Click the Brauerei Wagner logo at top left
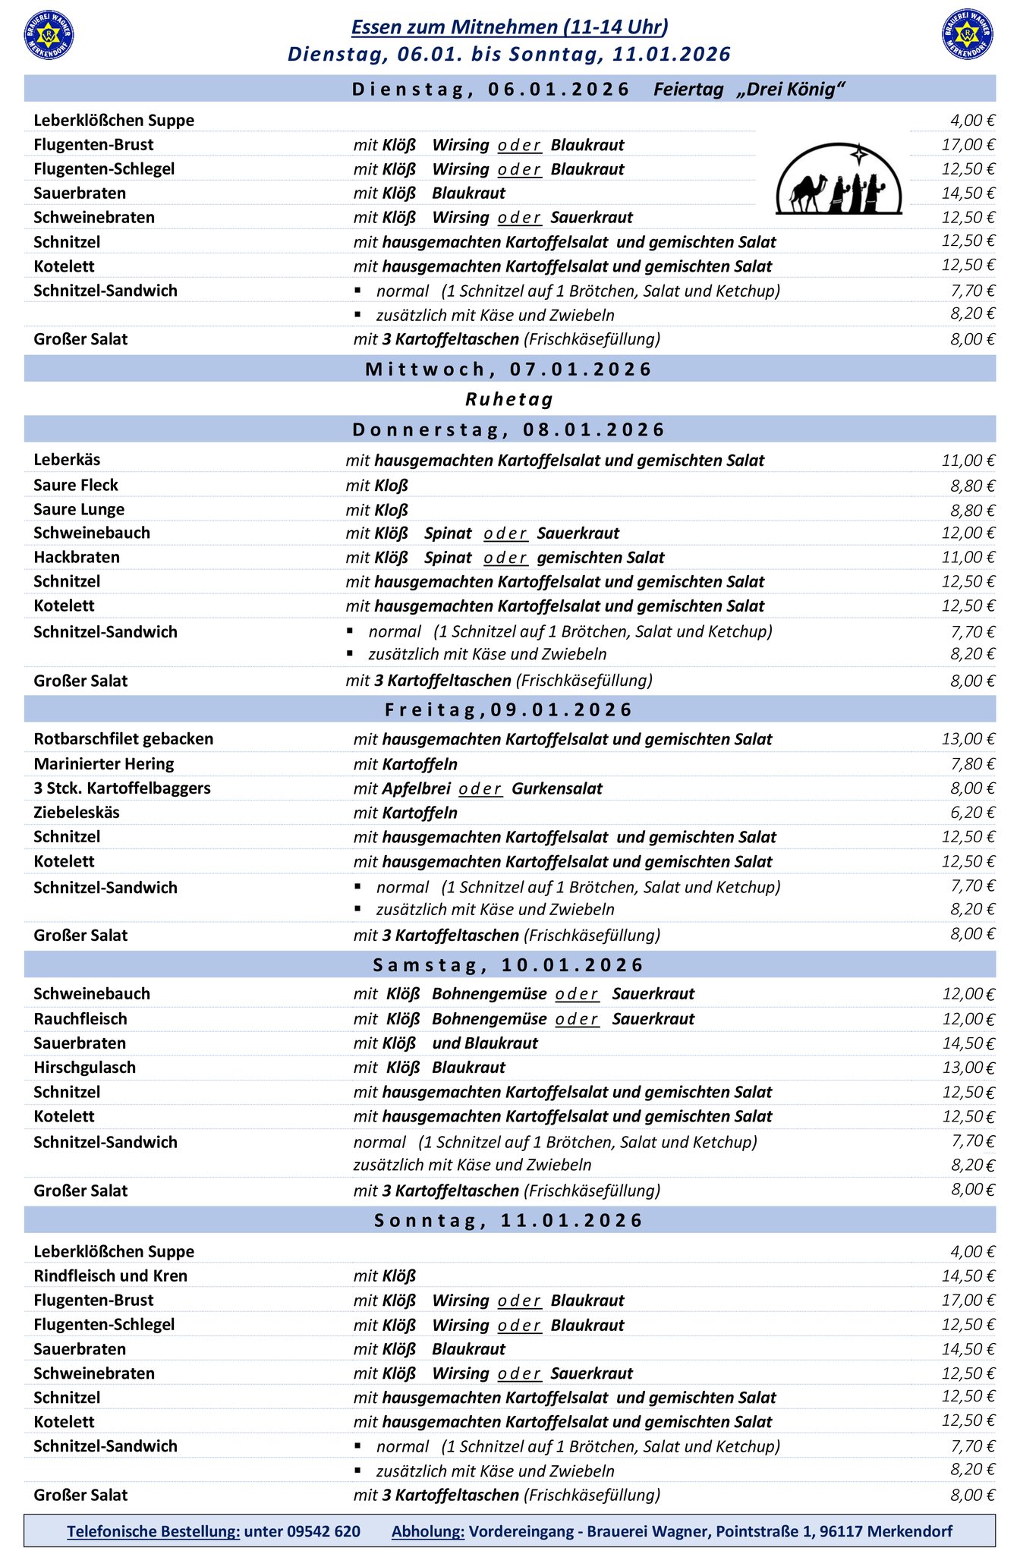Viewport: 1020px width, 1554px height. click(49, 35)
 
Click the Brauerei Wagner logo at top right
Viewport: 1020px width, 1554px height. click(968, 35)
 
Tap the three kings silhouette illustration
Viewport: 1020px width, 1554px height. click(839, 181)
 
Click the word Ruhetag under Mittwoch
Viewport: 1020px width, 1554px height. click(509, 399)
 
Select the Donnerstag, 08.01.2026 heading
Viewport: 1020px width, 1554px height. click(509, 429)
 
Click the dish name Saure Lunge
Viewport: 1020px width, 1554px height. click(79, 509)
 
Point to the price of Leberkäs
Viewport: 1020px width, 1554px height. click(968, 461)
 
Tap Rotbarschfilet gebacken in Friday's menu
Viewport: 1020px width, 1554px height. click(124, 739)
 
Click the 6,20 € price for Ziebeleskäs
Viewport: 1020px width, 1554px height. click(972, 813)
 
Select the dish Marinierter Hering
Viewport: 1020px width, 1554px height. click(104, 763)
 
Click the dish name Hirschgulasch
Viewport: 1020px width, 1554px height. click(85, 1068)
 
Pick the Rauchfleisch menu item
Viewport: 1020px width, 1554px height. click(80, 1019)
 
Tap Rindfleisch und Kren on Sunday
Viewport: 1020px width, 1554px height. click(111, 1276)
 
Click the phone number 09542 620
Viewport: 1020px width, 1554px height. click(324, 1531)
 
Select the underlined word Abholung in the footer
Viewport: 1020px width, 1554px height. click(428, 1531)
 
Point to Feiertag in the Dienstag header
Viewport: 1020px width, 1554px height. click(688, 90)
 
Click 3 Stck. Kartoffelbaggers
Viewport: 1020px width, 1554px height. click(122, 788)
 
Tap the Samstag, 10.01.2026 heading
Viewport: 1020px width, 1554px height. click(509, 965)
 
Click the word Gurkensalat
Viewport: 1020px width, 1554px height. click(557, 788)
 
